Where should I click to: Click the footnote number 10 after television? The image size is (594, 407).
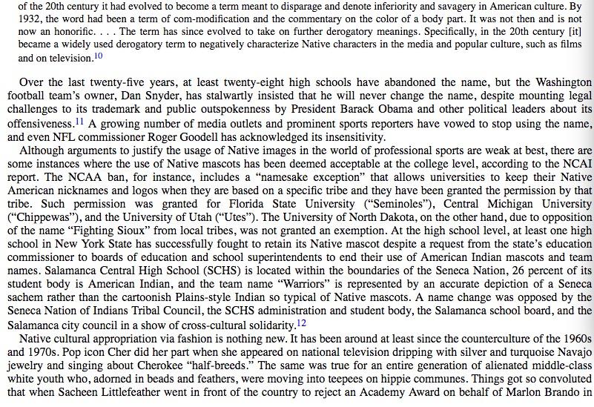tap(98, 56)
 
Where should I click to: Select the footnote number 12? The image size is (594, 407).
tap(301, 322)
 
